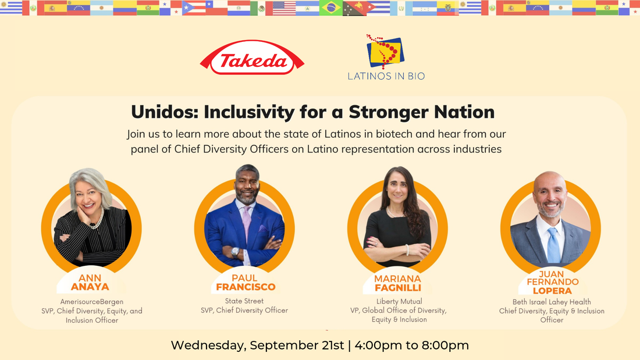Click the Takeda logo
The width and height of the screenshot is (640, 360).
[x=252, y=58]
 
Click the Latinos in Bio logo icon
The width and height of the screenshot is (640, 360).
[x=385, y=51]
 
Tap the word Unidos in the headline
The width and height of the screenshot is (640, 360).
[x=164, y=112]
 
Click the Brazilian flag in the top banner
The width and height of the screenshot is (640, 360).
[x=331, y=8]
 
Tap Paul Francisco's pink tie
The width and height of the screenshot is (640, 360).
[x=247, y=222]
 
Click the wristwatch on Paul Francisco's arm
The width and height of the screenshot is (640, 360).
[x=235, y=252]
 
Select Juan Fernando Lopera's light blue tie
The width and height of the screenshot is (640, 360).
[x=553, y=245]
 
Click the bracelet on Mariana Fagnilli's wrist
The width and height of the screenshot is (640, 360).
[x=407, y=249]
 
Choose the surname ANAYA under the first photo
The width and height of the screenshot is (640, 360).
[x=90, y=287]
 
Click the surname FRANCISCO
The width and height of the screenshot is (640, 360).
[x=246, y=287]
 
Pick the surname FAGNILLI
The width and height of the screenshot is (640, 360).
[x=398, y=288]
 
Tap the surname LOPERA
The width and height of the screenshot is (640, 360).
[x=552, y=291]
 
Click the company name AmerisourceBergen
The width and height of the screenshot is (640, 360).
[x=92, y=302]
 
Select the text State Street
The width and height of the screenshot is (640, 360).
[x=244, y=301]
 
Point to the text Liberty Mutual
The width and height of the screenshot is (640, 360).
[x=399, y=301]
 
